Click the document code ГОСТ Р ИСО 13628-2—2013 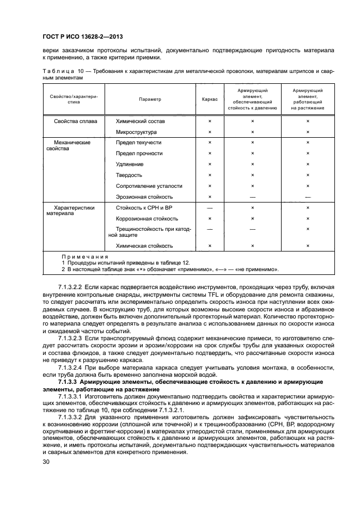pyautogui.click(x=82, y=36)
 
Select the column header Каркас pyautogui.click(x=210, y=100)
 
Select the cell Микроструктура pyautogui.click(x=136, y=132)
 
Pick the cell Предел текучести pyautogui.click(x=138, y=143)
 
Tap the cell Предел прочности pyautogui.click(x=139, y=154)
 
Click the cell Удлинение pyautogui.click(x=130, y=164)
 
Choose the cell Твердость pyautogui.click(x=129, y=175)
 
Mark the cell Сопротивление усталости pyautogui.click(x=149, y=186)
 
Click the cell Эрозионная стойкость pyautogui.click(x=144, y=197)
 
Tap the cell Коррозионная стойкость pyautogui.click(x=147, y=218)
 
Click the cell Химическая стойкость pyautogui.click(x=144, y=246)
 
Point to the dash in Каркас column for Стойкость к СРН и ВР pyautogui.click(x=210, y=208)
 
